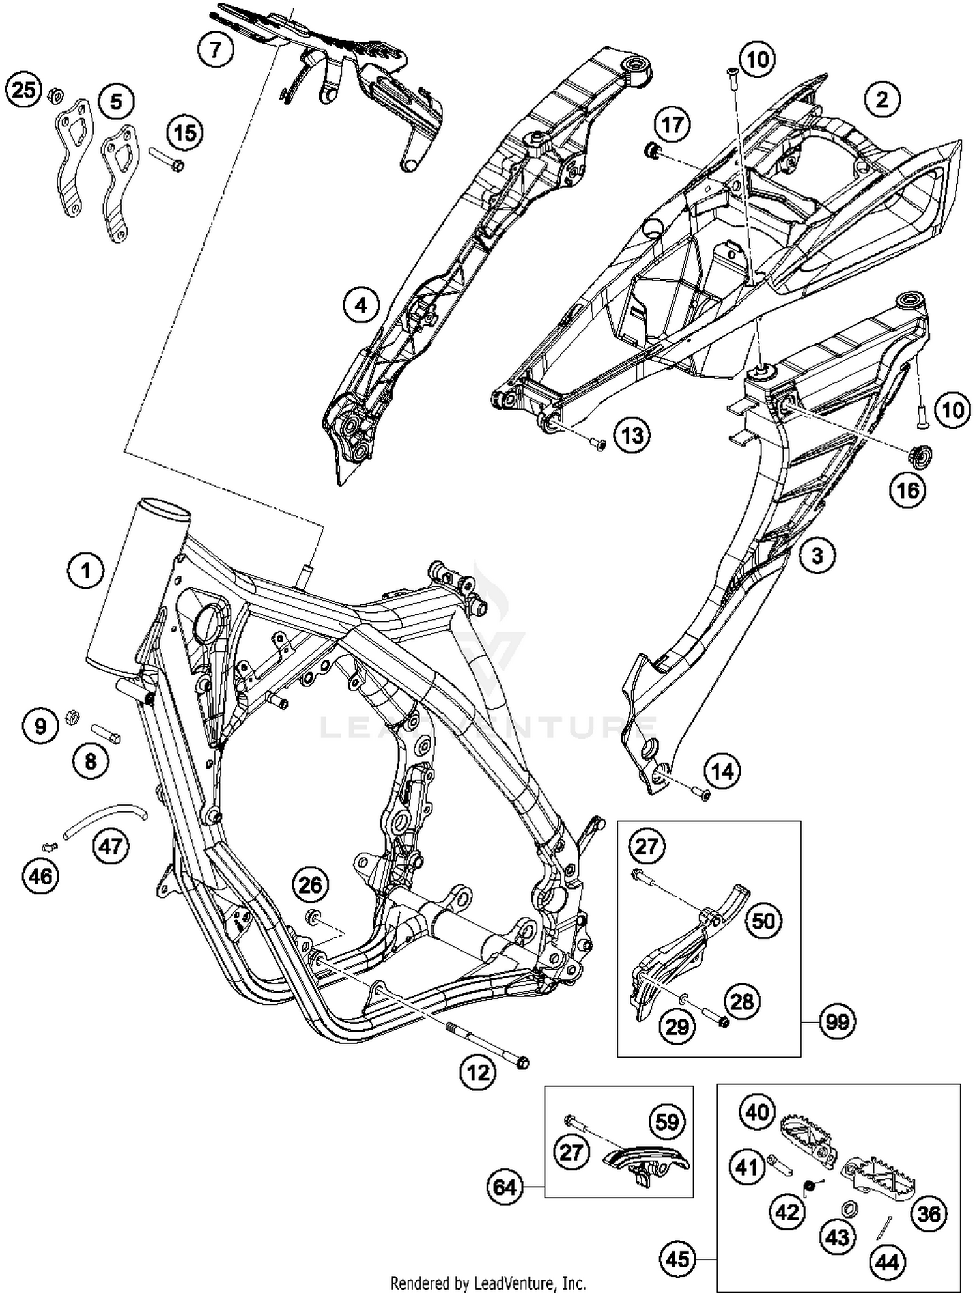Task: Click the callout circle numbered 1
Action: click(85, 571)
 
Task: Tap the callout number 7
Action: click(216, 49)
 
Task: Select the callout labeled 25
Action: click(24, 89)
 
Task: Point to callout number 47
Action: click(111, 846)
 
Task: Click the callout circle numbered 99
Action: click(838, 1022)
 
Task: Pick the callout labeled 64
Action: click(505, 1187)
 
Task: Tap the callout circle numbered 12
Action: click(479, 1071)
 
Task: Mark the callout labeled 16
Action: click(908, 490)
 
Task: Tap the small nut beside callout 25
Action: click(55, 98)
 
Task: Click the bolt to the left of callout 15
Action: click(167, 160)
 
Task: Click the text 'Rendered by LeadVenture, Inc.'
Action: click(488, 1283)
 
